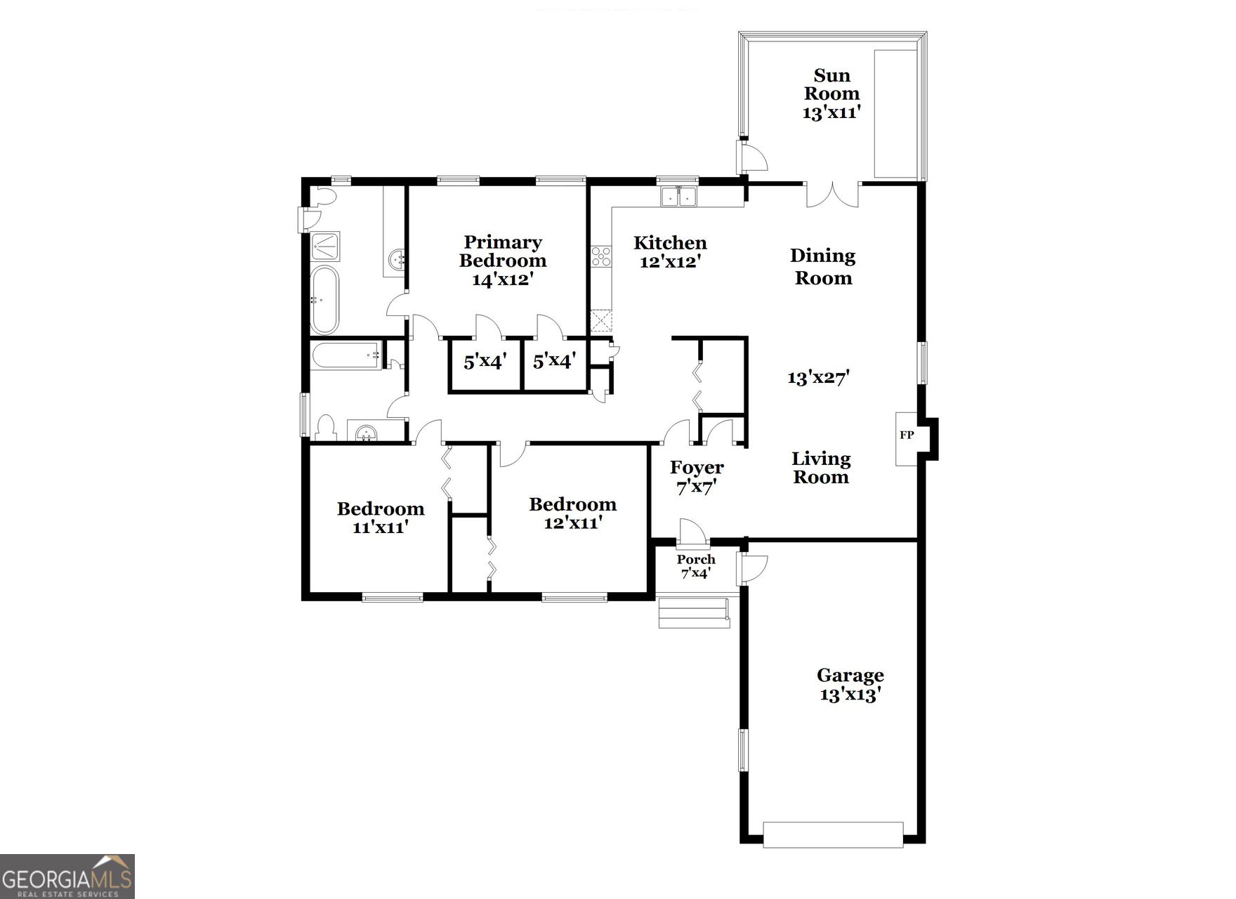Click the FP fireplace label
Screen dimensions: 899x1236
[x=907, y=435]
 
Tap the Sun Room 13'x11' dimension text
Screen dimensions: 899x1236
[x=831, y=112]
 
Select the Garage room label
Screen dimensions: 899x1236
[x=850, y=676]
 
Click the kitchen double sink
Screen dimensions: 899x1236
[x=678, y=197]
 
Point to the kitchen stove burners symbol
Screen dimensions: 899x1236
[x=600, y=256]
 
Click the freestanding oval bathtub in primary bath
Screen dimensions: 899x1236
[x=324, y=300]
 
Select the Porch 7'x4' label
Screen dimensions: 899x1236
[x=696, y=566]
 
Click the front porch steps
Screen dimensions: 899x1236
[x=694, y=612]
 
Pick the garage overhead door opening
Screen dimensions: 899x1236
[x=833, y=834]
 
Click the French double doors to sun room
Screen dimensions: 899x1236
[x=832, y=195]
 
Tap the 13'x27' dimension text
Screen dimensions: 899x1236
[x=818, y=378]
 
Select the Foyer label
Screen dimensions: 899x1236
[x=697, y=468]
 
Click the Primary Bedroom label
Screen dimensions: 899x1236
[x=503, y=251]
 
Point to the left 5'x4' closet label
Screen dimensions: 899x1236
[x=485, y=362]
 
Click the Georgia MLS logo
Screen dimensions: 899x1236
[x=67, y=877]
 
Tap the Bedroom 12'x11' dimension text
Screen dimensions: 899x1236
[x=573, y=523]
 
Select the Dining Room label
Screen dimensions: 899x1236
[x=823, y=267]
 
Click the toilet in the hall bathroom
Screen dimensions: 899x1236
[x=325, y=428]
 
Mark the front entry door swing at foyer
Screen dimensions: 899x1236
[x=692, y=532]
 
